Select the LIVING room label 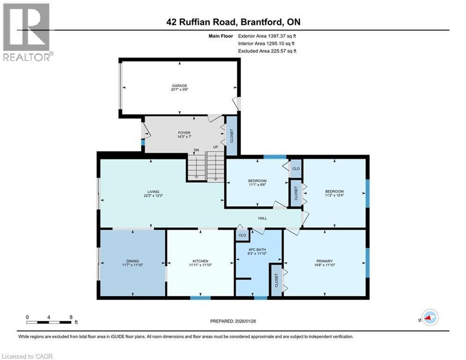tap(153, 192)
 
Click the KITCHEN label tap(200, 261)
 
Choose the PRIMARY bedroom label tap(325, 261)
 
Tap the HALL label tap(263, 218)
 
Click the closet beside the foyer tap(231, 136)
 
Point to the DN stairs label tap(197, 150)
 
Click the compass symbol tap(429, 317)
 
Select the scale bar tap(49, 322)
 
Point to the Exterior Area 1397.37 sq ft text tap(267, 36)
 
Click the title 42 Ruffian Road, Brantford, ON tap(233, 21)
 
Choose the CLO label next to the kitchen tap(242, 235)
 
